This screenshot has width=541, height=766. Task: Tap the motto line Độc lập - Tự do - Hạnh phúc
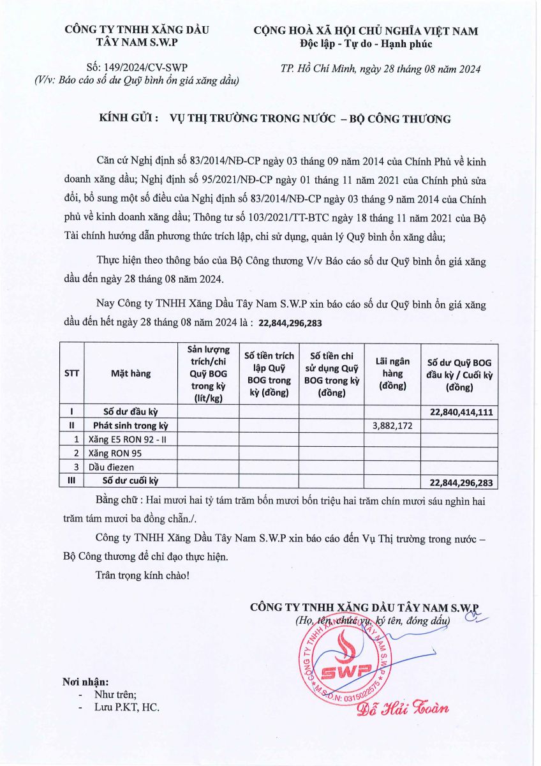click(x=366, y=43)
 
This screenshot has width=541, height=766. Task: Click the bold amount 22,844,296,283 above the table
click(x=290, y=324)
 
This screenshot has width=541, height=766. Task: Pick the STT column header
click(x=72, y=373)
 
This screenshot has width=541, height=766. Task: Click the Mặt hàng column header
click(x=131, y=373)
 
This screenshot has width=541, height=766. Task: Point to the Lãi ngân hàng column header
click(x=392, y=373)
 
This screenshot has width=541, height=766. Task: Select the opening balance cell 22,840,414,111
click(x=461, y=412)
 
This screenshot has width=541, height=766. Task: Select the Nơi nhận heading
click(x=85, y=682)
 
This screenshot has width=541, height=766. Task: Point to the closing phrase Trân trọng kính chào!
click(x=142, y=575)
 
